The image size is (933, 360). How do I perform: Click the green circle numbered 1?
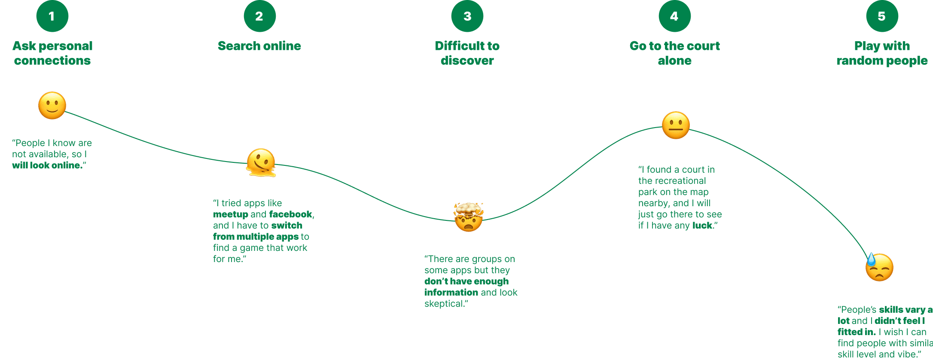coord(52,16)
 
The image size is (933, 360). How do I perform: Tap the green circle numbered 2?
coord(259,16)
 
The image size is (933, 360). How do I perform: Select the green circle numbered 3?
coord(467,16)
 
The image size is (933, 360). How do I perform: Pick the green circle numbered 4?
coord(674,16)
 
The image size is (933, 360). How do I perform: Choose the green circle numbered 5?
coord(882,16)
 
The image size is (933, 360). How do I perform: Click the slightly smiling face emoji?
coord(52,105)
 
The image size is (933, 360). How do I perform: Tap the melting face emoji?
coord(261,163)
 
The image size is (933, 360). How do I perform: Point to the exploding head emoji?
coord(468,217)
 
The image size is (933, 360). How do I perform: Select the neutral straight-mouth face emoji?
coord(676,125)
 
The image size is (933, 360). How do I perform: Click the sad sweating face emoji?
coord(879,267)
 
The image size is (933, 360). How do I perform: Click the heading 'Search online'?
coord(259,46)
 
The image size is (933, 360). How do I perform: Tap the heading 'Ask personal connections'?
coord(52,53)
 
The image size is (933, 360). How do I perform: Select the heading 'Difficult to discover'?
coord(467,53)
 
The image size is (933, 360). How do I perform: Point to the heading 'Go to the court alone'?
coord(674,53)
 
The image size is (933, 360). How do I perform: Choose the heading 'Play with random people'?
coord(882,53)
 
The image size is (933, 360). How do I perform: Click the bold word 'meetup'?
coord(231,214)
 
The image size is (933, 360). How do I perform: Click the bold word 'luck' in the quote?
coord(702,226)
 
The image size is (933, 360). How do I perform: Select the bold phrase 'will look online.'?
coord(47,165)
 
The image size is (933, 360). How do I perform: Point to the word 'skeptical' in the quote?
coord(444,304)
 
